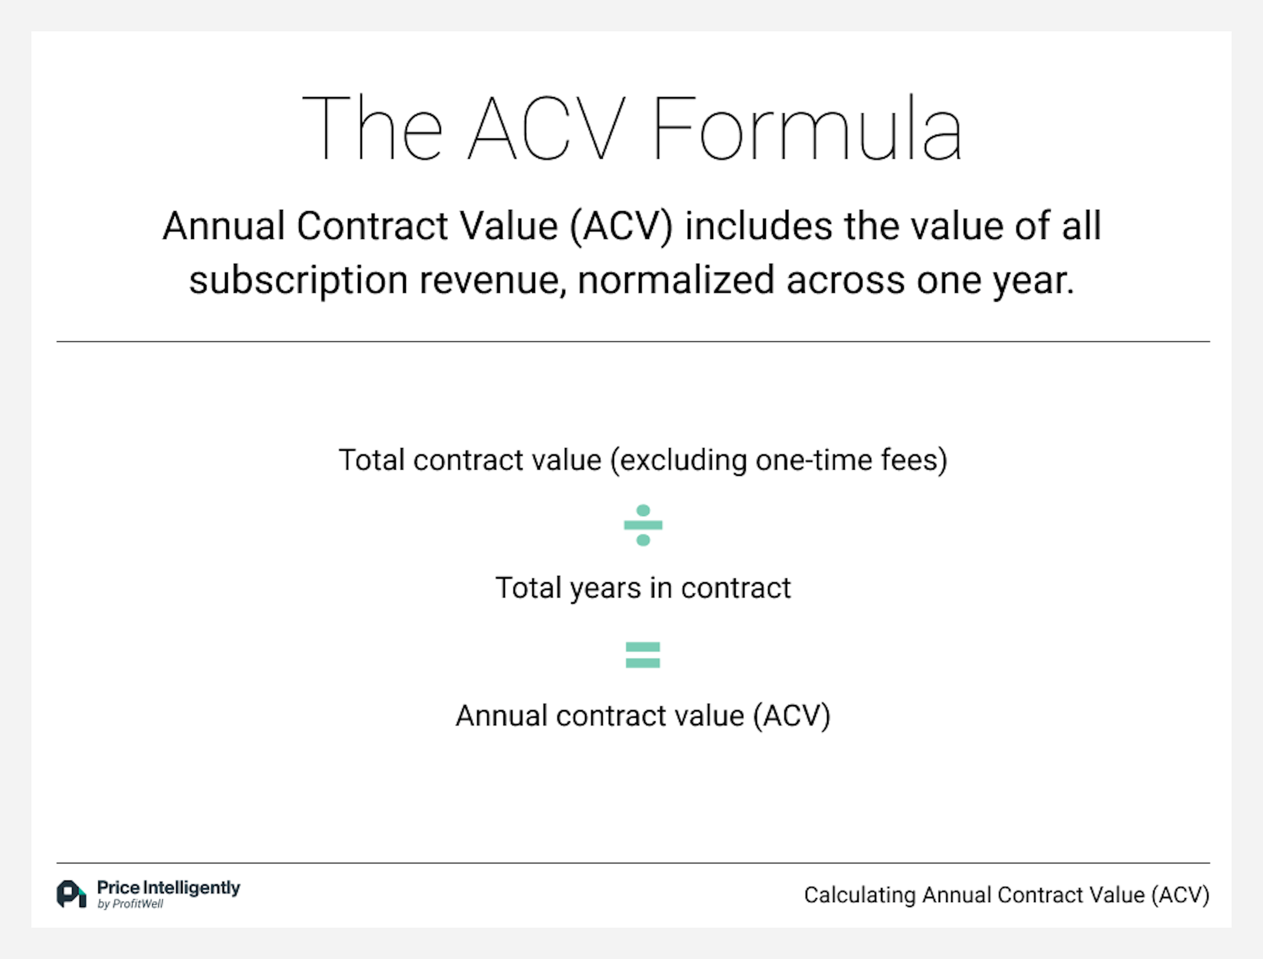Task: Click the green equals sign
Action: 643,655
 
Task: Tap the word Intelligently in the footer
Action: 191,888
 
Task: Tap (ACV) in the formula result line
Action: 791,716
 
